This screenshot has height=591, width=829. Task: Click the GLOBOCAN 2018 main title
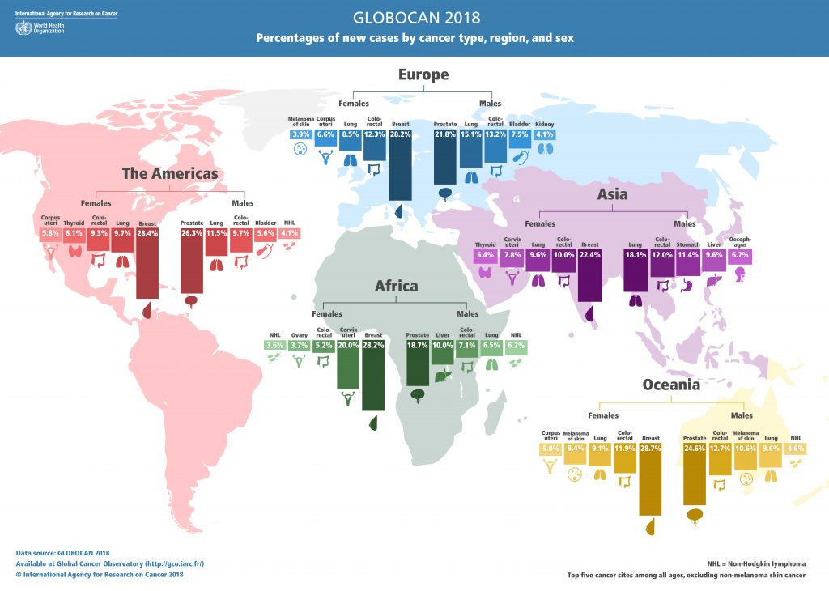[414, 17]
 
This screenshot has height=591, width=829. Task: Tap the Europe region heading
[423, 75]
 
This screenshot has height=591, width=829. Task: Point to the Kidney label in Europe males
[544, 124]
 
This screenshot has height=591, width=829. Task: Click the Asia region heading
[613, 194]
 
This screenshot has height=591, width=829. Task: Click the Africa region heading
[396, 286]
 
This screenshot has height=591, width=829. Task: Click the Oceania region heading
[671, 385]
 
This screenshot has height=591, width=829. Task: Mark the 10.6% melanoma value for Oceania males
[746, 449]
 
